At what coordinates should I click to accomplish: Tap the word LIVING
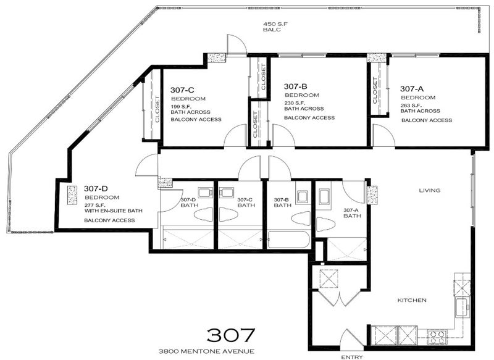pos(430,190)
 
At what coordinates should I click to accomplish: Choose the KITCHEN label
pos(412,300)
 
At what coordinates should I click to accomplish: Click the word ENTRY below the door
pos(352,357)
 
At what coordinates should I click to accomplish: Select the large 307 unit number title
pos(230,335)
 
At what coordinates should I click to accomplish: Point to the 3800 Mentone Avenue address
pos(206,351)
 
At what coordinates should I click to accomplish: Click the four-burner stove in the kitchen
pos(437,337)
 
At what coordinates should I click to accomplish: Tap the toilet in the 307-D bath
pos(204,216)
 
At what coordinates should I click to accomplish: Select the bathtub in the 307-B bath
pos(288,240)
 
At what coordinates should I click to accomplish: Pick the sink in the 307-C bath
pos(226,193)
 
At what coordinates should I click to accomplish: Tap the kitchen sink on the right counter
pos(462,308)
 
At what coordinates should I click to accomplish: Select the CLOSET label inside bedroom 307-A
pos(375,90)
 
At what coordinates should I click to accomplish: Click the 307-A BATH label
pos(352,213)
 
